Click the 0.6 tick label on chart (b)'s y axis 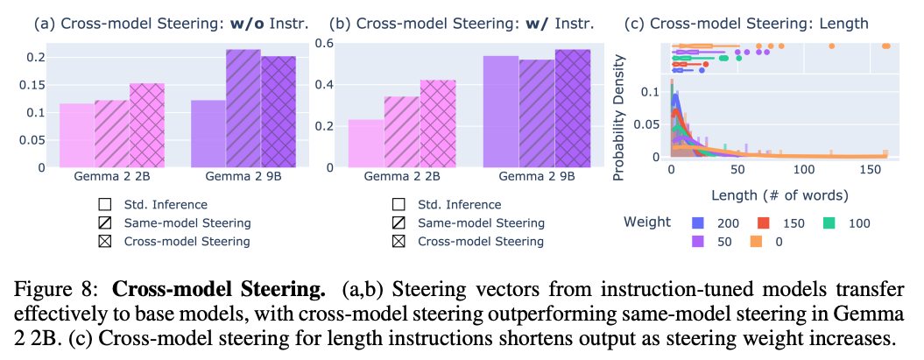[x=325, y=44]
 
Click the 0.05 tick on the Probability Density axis [x=650, y=124]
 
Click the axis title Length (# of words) [x=777, y=194]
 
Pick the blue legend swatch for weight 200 [x=697, y=223]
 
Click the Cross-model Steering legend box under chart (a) [x=105, y=241]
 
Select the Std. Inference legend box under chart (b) [x=399, y=206]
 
